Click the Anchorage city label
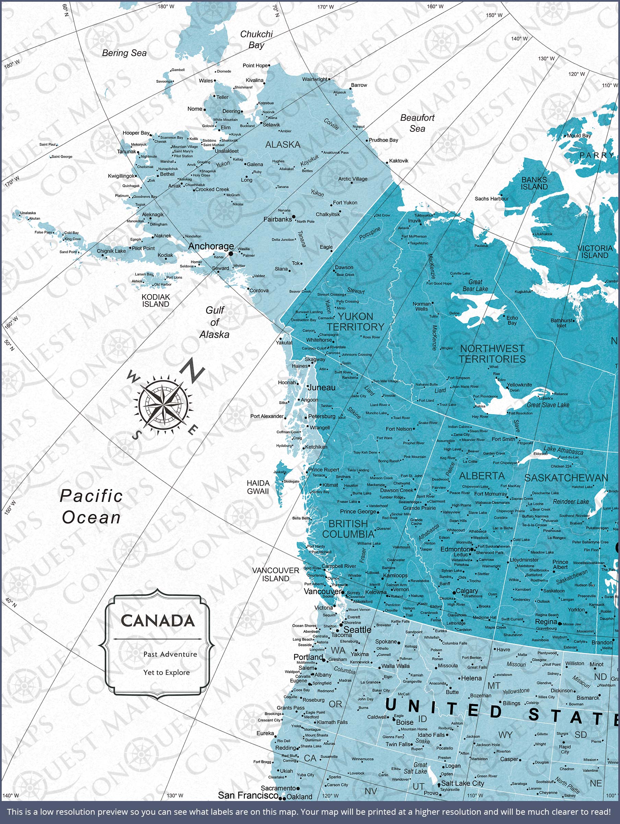[x=211, y=246]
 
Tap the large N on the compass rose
[x=192, y=370]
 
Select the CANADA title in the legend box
[x=158, y=621]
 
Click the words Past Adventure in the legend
[x=170, y=654]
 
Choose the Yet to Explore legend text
[x=166, y=672]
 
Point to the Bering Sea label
[x=124, y=53]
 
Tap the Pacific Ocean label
[x=91, y=507]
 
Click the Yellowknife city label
[x=519, y=385]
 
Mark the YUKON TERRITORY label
[x=355, y=321]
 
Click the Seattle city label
[x=357, y=630]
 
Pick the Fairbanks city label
[x=278, y=219]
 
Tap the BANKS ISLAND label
[x=534, y=183]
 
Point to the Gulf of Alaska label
[x=215, y=322]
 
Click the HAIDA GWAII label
[x=258, y=487]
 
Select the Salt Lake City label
[x=463, y=783]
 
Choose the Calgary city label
[x=467, y=591]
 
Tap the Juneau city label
[x=322, y=387]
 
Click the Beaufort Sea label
[x=417, y=123]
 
